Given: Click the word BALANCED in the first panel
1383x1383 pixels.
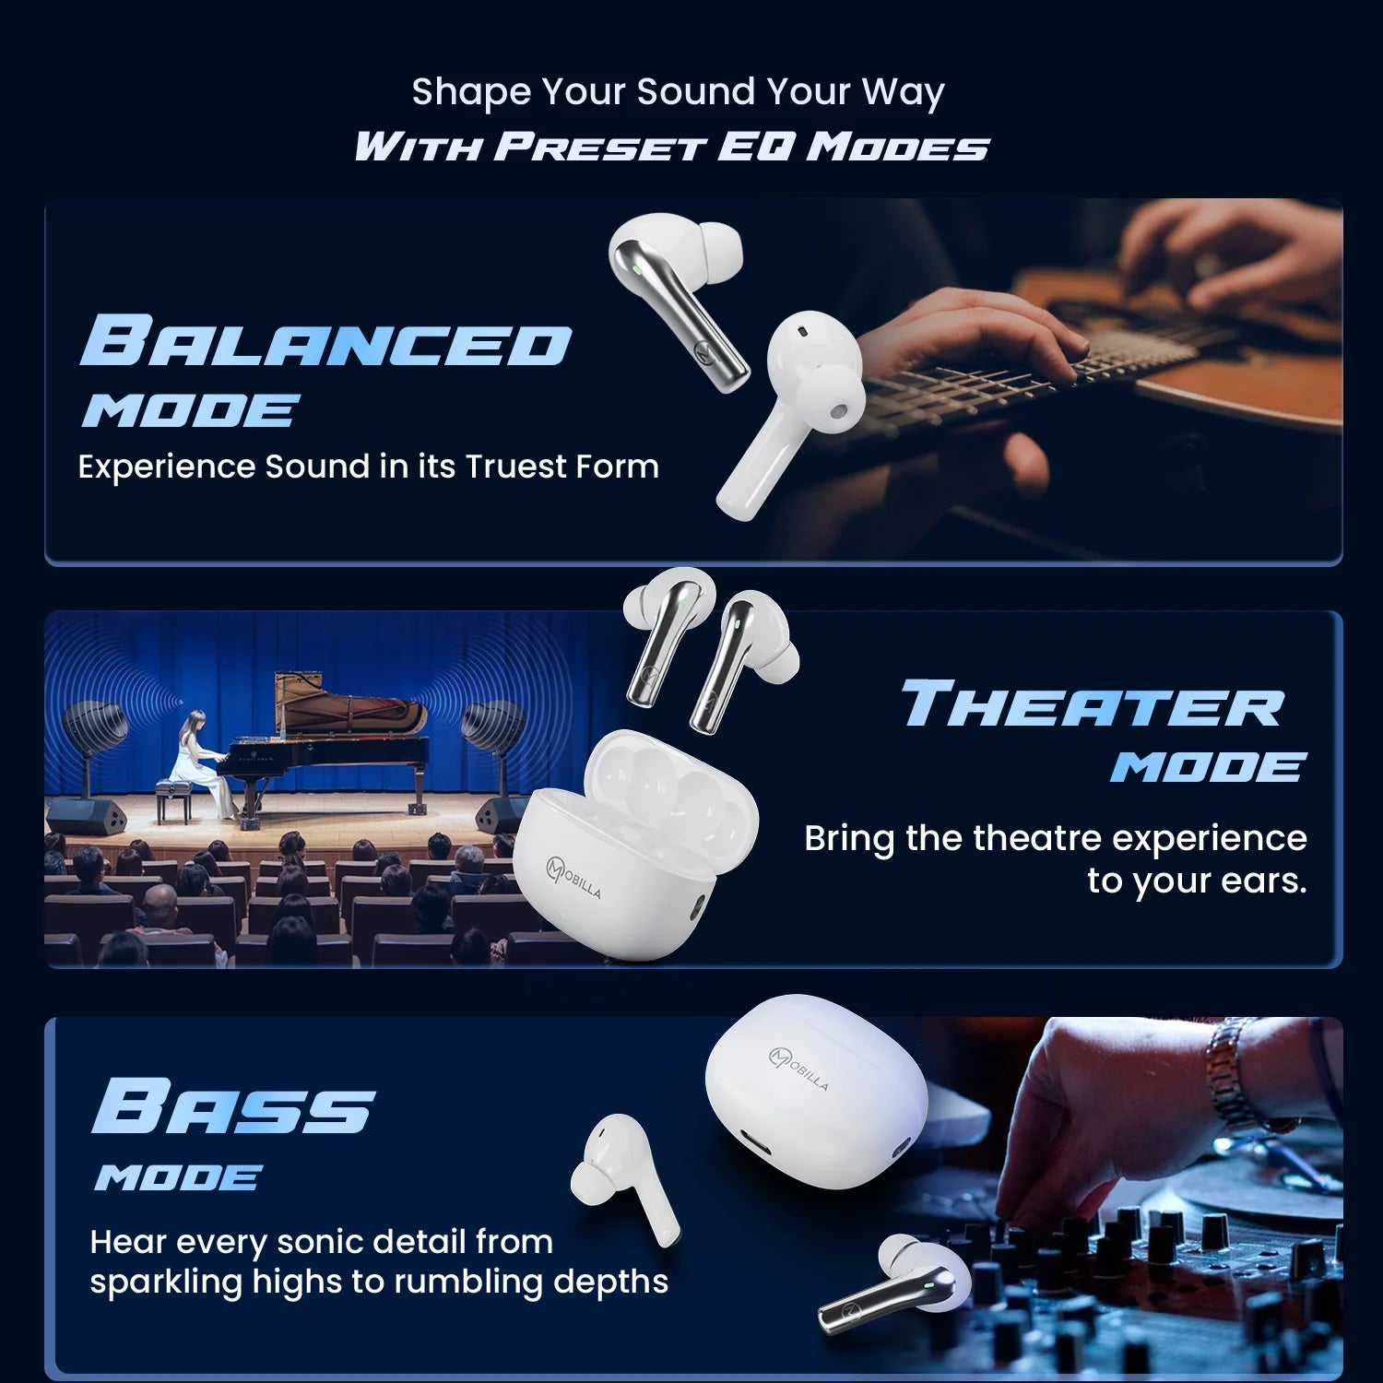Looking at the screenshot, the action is pyautogui.click(x=325, y=341).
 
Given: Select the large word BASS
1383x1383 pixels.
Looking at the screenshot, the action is pyautogui.click(x=233, y=1105).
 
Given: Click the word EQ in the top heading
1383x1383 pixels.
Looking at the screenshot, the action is pyautogui.click(x=755, y=146).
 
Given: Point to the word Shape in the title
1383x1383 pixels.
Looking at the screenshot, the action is pyautogui.click(x=471, y=92).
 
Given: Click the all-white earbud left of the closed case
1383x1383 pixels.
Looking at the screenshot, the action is pyautogui.click(x=622, y=1177).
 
